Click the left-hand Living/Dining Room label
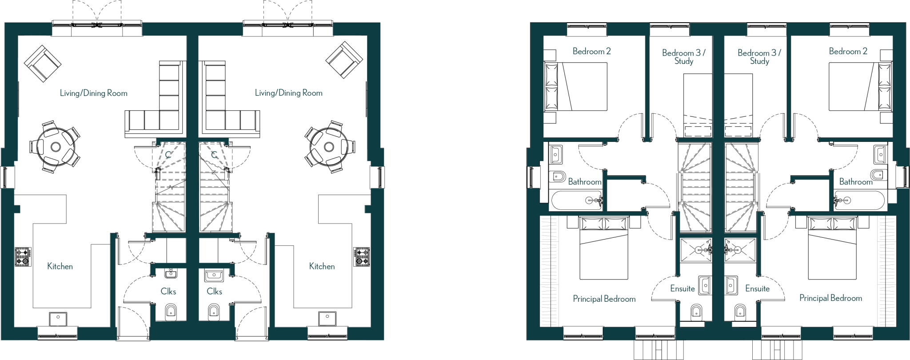click(x=93, y=93)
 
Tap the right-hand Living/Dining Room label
click(x=288, y=93)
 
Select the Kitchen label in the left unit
click(x=60, y=266)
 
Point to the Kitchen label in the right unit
click(x=322, y=266)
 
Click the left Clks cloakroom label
click(x=168, y=292)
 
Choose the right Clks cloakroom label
click(x=214, y=292)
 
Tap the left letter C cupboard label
click(x=168, y=155)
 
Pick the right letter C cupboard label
click(x=214, y=155)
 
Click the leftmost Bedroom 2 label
click(x=591, y=51)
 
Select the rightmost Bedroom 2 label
click(x=848, y=51)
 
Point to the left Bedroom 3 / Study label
click(x=684, y=57)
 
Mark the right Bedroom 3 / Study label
click(x=759, y=57)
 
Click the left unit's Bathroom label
click(x=584, y=182)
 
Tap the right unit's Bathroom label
click(x=856, y=182)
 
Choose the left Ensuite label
click(x=682, y=288)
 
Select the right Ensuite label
click(x=757, y=288)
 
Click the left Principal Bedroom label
click(x=604, y=299)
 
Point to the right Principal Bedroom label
click(x=830, y=298)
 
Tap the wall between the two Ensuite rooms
click(x=718, y=288)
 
